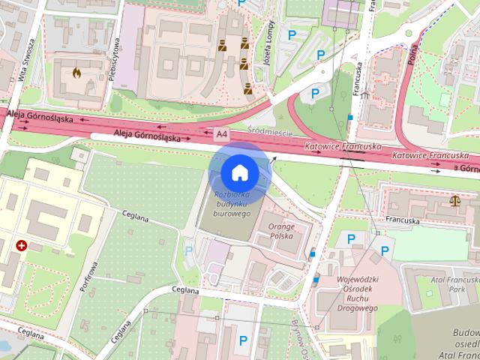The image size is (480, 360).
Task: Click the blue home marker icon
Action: pyautogui.click(x=239, y=173)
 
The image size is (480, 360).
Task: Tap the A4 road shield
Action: pyautogui.click(x=220, y=134)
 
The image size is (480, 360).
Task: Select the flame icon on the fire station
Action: pyautogui.click(x=76, y=73)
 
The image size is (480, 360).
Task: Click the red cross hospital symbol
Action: pyautogui.click(x=22, y=245)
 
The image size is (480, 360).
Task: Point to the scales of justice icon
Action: pyautogui.click(x=454, y=200)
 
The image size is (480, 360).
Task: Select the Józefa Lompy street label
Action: pyautogui.click(x=270, y=45)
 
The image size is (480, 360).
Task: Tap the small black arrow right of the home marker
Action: pyautogui.click(x=274, y=158)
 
